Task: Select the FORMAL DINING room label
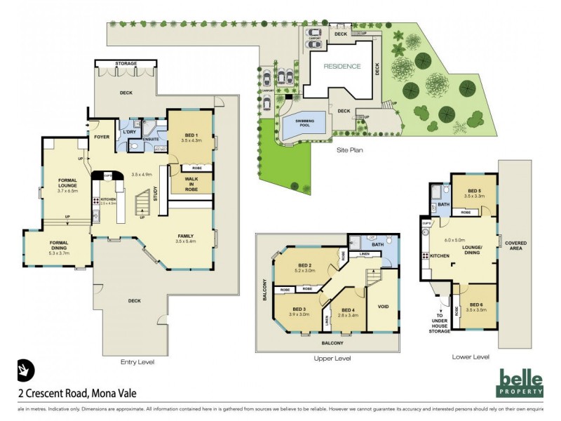tap(58, 246)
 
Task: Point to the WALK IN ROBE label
tap(191, 185)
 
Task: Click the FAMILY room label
tap(184, 236)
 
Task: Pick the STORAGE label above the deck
tap(126, 64)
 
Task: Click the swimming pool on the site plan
tap(305, 123)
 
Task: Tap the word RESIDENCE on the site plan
tap(342, 67)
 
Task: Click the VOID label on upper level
tap(383, 307)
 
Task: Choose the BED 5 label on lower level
tap(473, 193)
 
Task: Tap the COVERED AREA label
tap(520, 246)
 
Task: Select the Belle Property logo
tap(521, 383)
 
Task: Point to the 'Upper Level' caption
tap(332, 358)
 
